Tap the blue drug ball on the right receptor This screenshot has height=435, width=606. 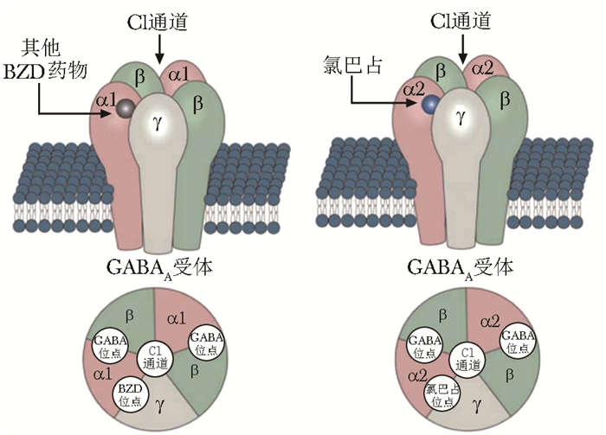pyautogui.click(x=430, y=106)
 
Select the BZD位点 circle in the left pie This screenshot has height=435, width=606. pyautogui.click(x=132, y=393)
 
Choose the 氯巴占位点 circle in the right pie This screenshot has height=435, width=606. pyautogui.click(x=443, y=393)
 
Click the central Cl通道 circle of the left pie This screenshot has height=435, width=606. pyautogui.click(x=156, y=358)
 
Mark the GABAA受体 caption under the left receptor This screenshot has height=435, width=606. pyautogui.click(x=158, y=268)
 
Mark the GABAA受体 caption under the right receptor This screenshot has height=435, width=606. pyautogui.click(x=464, y=268)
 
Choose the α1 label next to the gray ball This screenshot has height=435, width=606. pyautogui.click(x=106, y=101)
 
